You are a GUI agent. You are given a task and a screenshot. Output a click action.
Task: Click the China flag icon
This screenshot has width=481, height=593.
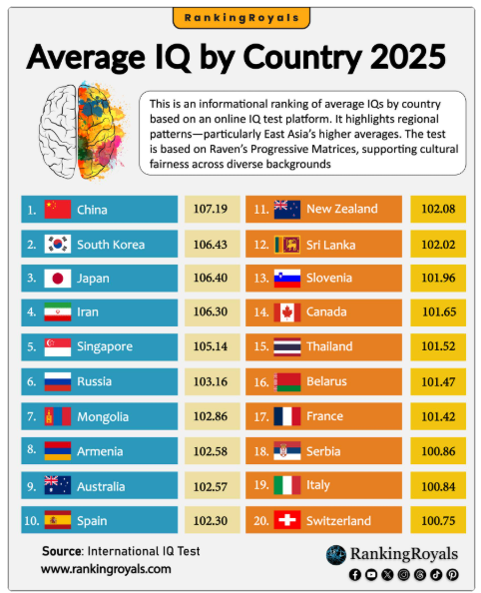pos(58,210)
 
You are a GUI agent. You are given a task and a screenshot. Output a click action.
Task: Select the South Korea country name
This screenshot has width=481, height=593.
pos(111,245)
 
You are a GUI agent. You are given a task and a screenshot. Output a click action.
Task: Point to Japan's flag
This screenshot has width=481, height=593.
pos(58,279)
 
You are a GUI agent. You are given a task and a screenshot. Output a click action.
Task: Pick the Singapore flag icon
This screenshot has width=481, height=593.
pos(58,346)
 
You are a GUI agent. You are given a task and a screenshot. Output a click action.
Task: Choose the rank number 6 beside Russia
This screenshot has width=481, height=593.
pos(32,381)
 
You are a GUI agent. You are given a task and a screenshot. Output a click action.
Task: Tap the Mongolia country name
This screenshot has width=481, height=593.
pos(103,416)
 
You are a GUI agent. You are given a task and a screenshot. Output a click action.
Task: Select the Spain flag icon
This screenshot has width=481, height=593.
pos(58,520)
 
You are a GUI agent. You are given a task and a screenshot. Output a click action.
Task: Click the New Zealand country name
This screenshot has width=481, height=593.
pos(341,209)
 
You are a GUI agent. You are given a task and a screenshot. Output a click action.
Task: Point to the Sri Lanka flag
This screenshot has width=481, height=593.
pos(287,245)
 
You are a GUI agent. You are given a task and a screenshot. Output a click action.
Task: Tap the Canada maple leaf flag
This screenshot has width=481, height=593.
pos(287,312)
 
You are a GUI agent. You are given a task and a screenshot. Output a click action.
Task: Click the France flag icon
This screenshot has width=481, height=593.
pos(287,416)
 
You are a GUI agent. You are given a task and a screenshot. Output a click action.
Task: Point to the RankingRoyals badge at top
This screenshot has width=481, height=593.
pos(240,17)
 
